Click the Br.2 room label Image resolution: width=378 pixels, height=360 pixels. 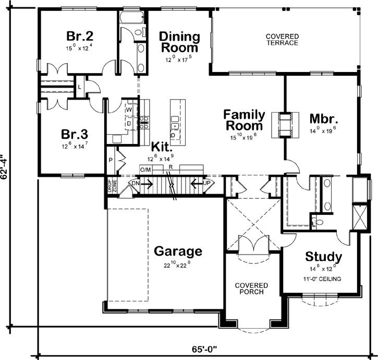(79, 37)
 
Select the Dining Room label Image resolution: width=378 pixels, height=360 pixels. (179, 42)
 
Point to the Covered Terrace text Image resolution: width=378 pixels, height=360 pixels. (282, 40)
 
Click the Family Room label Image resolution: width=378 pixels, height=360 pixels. (245, 120)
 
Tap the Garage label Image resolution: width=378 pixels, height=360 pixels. (178, 251)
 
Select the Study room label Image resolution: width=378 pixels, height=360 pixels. (323, 257)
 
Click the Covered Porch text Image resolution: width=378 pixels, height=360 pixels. (251, 289)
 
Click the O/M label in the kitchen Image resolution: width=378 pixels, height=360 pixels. (145, 170)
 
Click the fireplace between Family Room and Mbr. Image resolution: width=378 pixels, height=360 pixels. (285, 125)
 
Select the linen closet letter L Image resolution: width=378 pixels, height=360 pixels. (79, 87)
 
